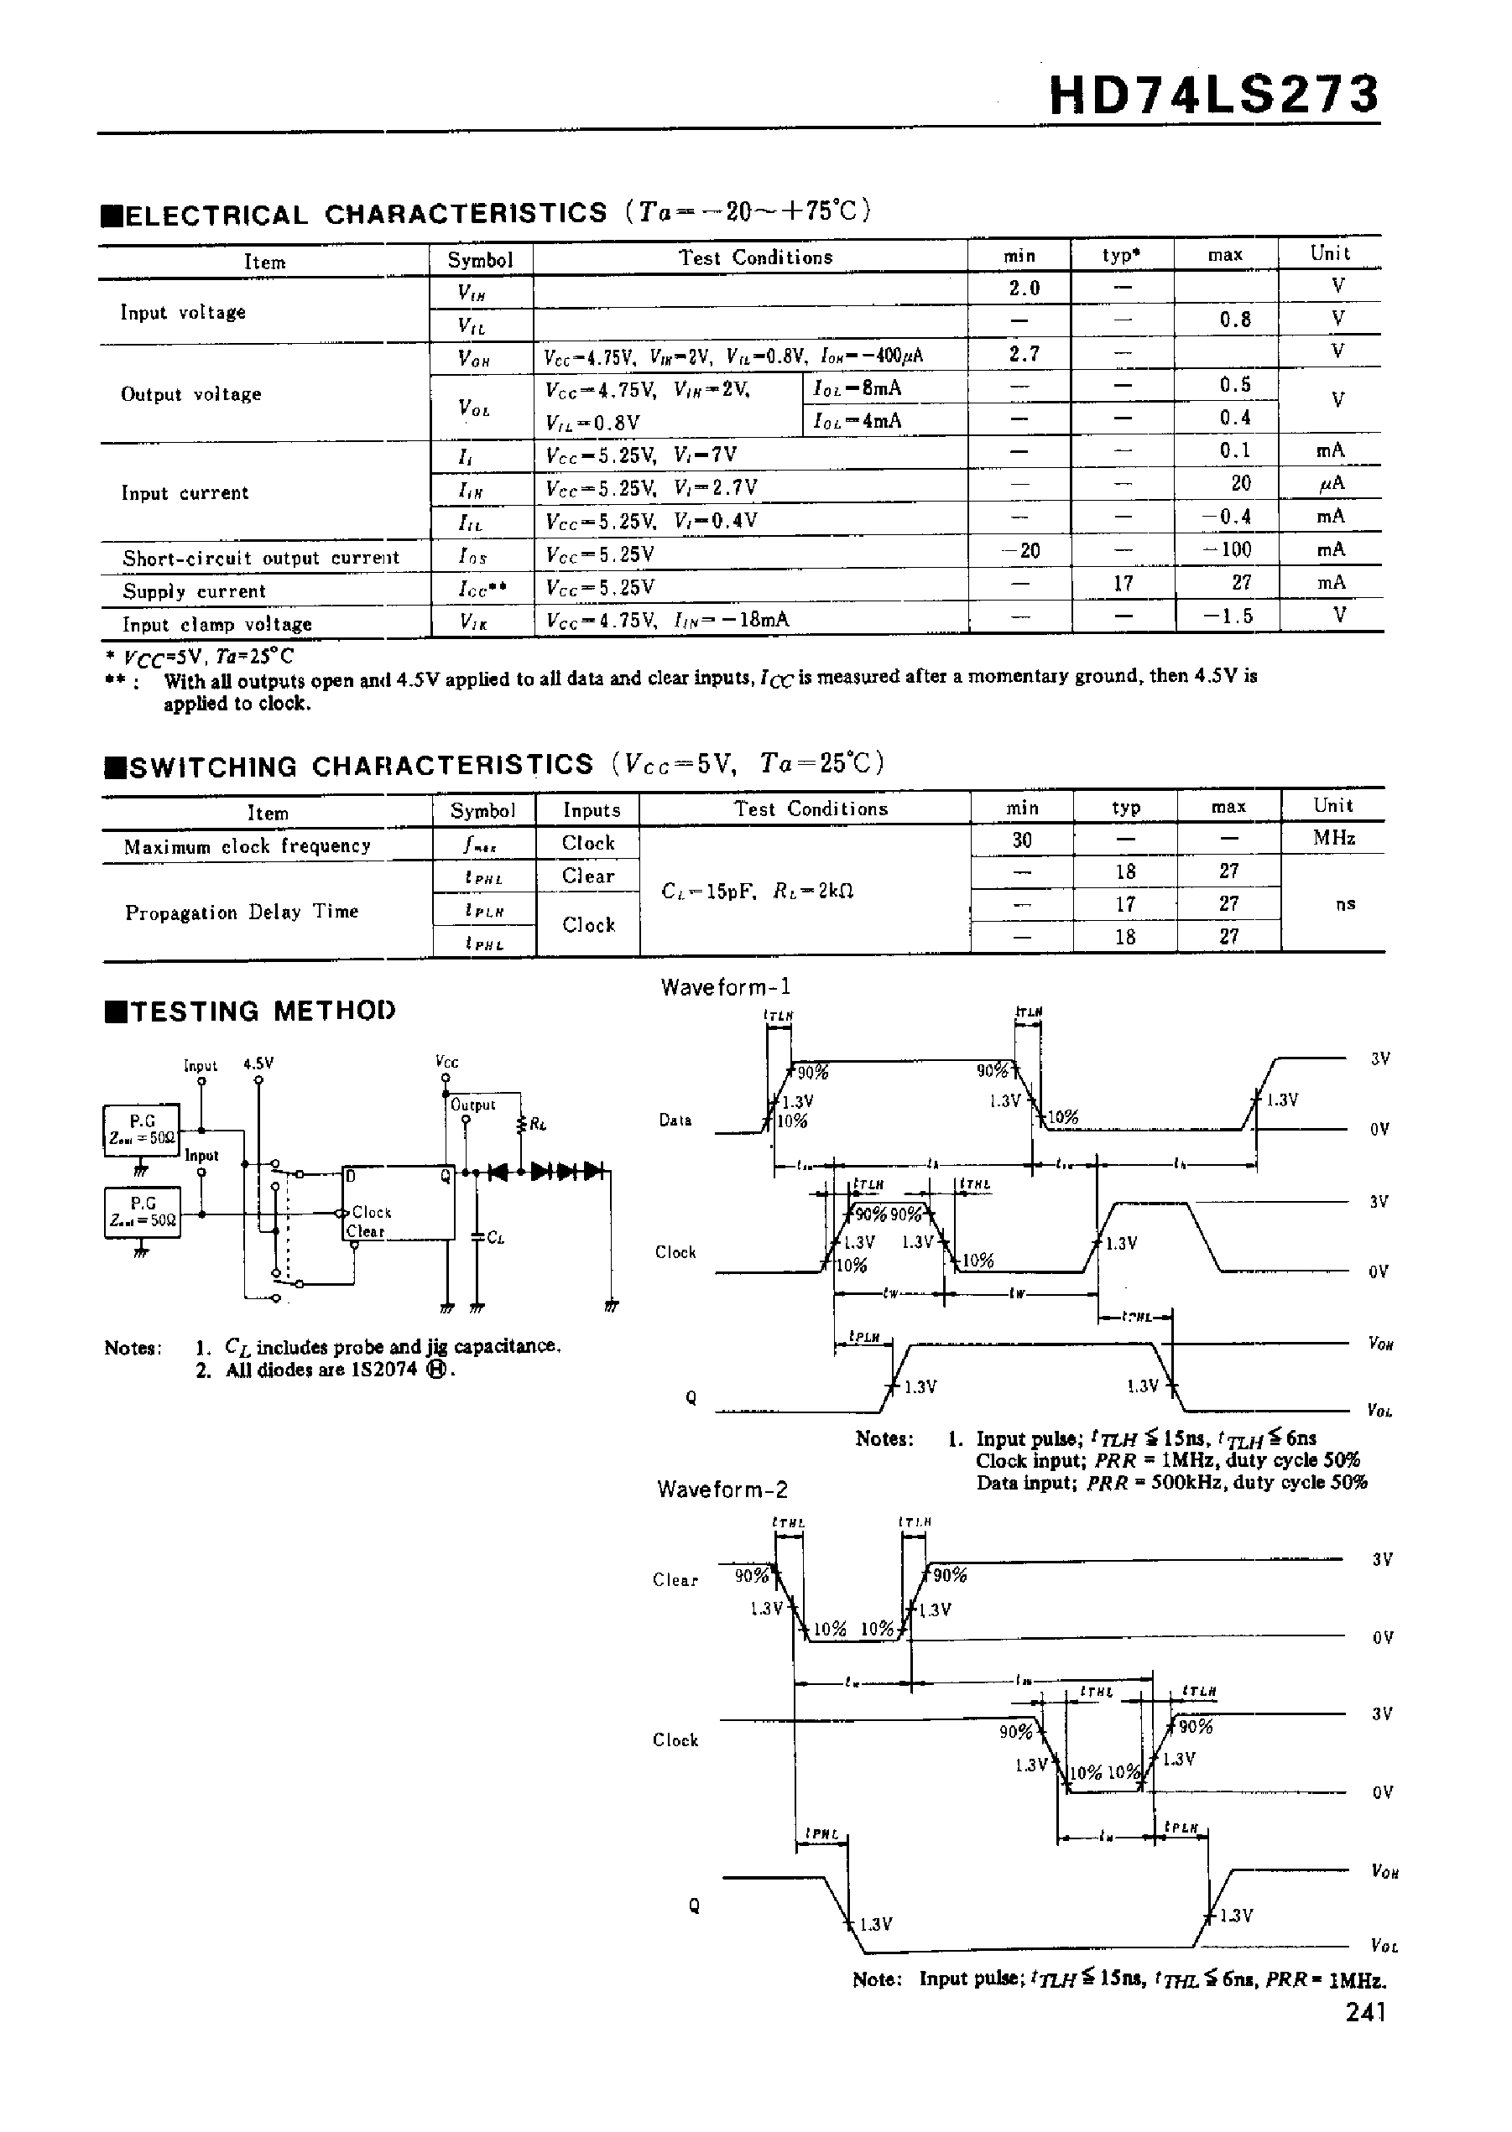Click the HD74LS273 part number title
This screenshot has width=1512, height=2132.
point(1214,96)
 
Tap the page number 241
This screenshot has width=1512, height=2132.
point(1366,2012)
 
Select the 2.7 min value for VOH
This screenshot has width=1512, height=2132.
point(1023,355)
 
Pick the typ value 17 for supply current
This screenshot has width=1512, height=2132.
point(1124,584)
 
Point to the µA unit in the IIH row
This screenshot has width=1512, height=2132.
point(1332,483)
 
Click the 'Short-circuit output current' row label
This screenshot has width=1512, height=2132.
point(261,559)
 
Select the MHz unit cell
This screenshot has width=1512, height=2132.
point(1334,838)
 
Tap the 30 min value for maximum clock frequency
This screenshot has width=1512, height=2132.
point(1022,840)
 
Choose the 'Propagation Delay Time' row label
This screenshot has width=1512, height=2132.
point(242,912)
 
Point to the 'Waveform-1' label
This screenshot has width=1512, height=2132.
point(725,987)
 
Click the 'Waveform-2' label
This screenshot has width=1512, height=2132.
point(722,1490)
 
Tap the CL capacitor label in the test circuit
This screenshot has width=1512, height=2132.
point(495,1239)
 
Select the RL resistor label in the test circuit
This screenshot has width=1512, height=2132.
point(537,1124)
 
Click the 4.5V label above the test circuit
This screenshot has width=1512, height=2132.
point(258,1063)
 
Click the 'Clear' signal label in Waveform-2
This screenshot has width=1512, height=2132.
point(675,1579)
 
